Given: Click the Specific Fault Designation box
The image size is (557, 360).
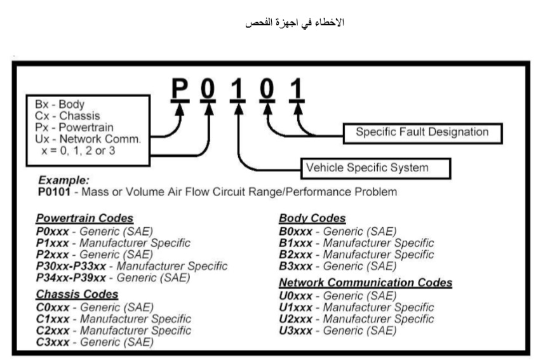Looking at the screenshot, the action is pyautogui.click(x=422, y=133).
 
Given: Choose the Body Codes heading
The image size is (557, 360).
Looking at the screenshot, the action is pyautogui.click(x=312, y=218).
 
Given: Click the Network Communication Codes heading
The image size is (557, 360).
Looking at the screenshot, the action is pyautogui.click(x=366, y=283).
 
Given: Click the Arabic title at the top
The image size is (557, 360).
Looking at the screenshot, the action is pyautogui.click(x=295, y=23).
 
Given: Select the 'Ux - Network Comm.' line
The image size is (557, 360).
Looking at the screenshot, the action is pyautogui.click(x=87, y=138).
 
